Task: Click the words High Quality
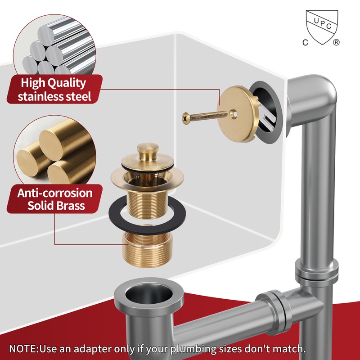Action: [x=54, y=83]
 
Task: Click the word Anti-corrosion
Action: [x=55, y=193]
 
